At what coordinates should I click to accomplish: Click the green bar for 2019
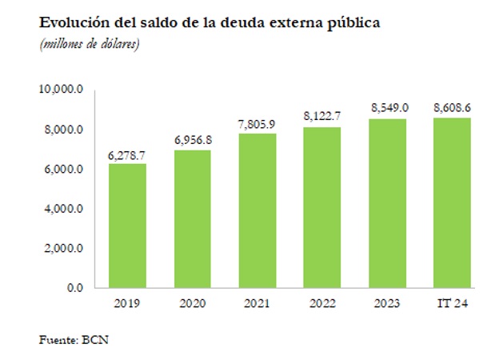pyautogui.click(x=128, y=226)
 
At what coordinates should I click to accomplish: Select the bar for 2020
pyautogui.click(x=193, y=218)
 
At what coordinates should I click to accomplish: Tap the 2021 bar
pyautogui.click(x=257, y=210)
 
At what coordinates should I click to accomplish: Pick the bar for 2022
pyautogui.click(x=322, y=207)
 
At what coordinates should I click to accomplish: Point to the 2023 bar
pyautogui.click(x=387, y=203)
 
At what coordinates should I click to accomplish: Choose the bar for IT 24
pyautogui.click(x=452, y=202)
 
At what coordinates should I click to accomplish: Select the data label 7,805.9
pyautogui.click(x=257, y=123)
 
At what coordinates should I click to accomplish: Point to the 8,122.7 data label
pyautogui.click(x=322, y=117)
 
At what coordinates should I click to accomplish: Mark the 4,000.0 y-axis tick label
pyautogui.click(x=64, y=209)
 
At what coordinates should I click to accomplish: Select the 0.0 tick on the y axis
pyautogui.click(x=74, y=288)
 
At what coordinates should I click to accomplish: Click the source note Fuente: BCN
pyautogui.click(x=74, y=339)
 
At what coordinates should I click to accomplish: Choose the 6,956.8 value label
pyautogui.click(x=193, y=140)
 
